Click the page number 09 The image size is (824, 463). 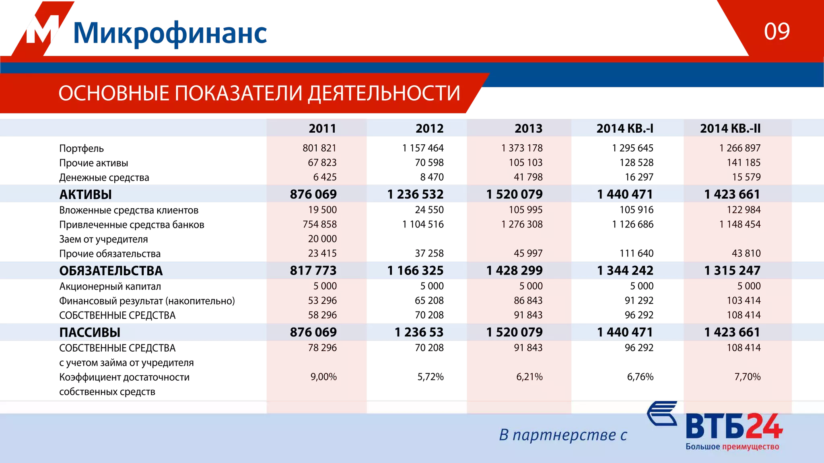pos(777,31)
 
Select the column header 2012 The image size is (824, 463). pos(429,128)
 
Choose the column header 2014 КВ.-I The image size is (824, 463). pos(624,128)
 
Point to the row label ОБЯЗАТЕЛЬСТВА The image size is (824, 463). pos(111,271)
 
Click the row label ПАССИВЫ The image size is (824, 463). pos(90,332)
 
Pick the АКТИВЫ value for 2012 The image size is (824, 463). pos(415,195)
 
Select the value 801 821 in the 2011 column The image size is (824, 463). pos(319,148)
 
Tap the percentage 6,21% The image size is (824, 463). pos(529,377)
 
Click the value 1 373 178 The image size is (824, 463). pos(521,148)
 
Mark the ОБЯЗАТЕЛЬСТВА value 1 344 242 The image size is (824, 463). pos(625,271)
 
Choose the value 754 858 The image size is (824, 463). pos(319,224)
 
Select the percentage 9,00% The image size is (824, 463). pos(323,377)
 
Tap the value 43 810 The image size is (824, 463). pos(746,253)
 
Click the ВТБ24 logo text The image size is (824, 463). pos(734,426)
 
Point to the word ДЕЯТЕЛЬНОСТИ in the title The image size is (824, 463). pos(384,93)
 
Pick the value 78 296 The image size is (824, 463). pos(322,348)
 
